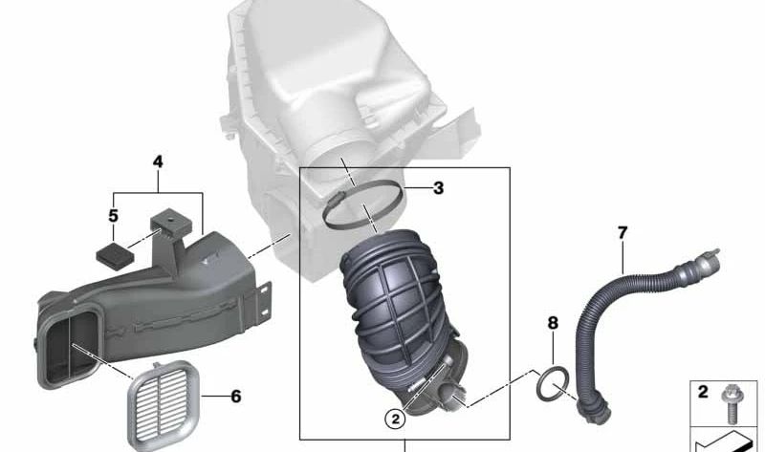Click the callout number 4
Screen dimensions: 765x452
158,161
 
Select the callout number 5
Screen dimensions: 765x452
113,215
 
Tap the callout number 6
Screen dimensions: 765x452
236,397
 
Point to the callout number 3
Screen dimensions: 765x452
438,187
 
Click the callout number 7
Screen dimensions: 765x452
623,233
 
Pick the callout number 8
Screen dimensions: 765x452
553,323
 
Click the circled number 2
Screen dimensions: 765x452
395,419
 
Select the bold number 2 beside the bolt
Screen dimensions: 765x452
703,392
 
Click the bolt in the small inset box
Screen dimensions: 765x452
731,402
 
